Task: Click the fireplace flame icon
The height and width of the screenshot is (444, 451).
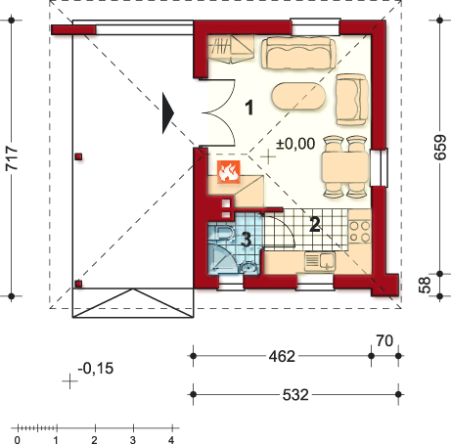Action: pos(229,171)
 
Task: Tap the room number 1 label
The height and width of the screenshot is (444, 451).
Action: pos(249,108)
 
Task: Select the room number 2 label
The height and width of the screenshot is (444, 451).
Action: pos(315,224)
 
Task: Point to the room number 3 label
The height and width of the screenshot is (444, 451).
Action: pos(247,240)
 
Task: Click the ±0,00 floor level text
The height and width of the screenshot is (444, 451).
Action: pos(295,144)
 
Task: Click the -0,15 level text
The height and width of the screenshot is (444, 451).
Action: pos(96,369)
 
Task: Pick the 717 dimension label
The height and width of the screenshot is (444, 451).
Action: pos(12,158)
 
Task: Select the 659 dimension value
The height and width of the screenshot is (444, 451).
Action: pos(439,147)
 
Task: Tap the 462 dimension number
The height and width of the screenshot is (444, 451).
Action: pos(282,356)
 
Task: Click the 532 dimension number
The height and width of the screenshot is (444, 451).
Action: pos(295,395)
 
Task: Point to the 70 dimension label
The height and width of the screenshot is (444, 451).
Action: pos(384,341)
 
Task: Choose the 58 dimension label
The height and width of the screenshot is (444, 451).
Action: pos(425,285)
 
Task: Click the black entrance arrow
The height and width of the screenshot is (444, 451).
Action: pos(168,113)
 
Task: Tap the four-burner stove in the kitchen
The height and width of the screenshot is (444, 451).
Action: pos(360,232)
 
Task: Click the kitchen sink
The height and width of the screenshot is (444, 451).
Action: pos(320,262)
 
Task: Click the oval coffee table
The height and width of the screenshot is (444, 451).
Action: pos(298,96)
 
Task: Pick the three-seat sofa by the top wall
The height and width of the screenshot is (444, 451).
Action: pos(298,53)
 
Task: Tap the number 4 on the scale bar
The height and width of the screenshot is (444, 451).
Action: pos(171,440)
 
